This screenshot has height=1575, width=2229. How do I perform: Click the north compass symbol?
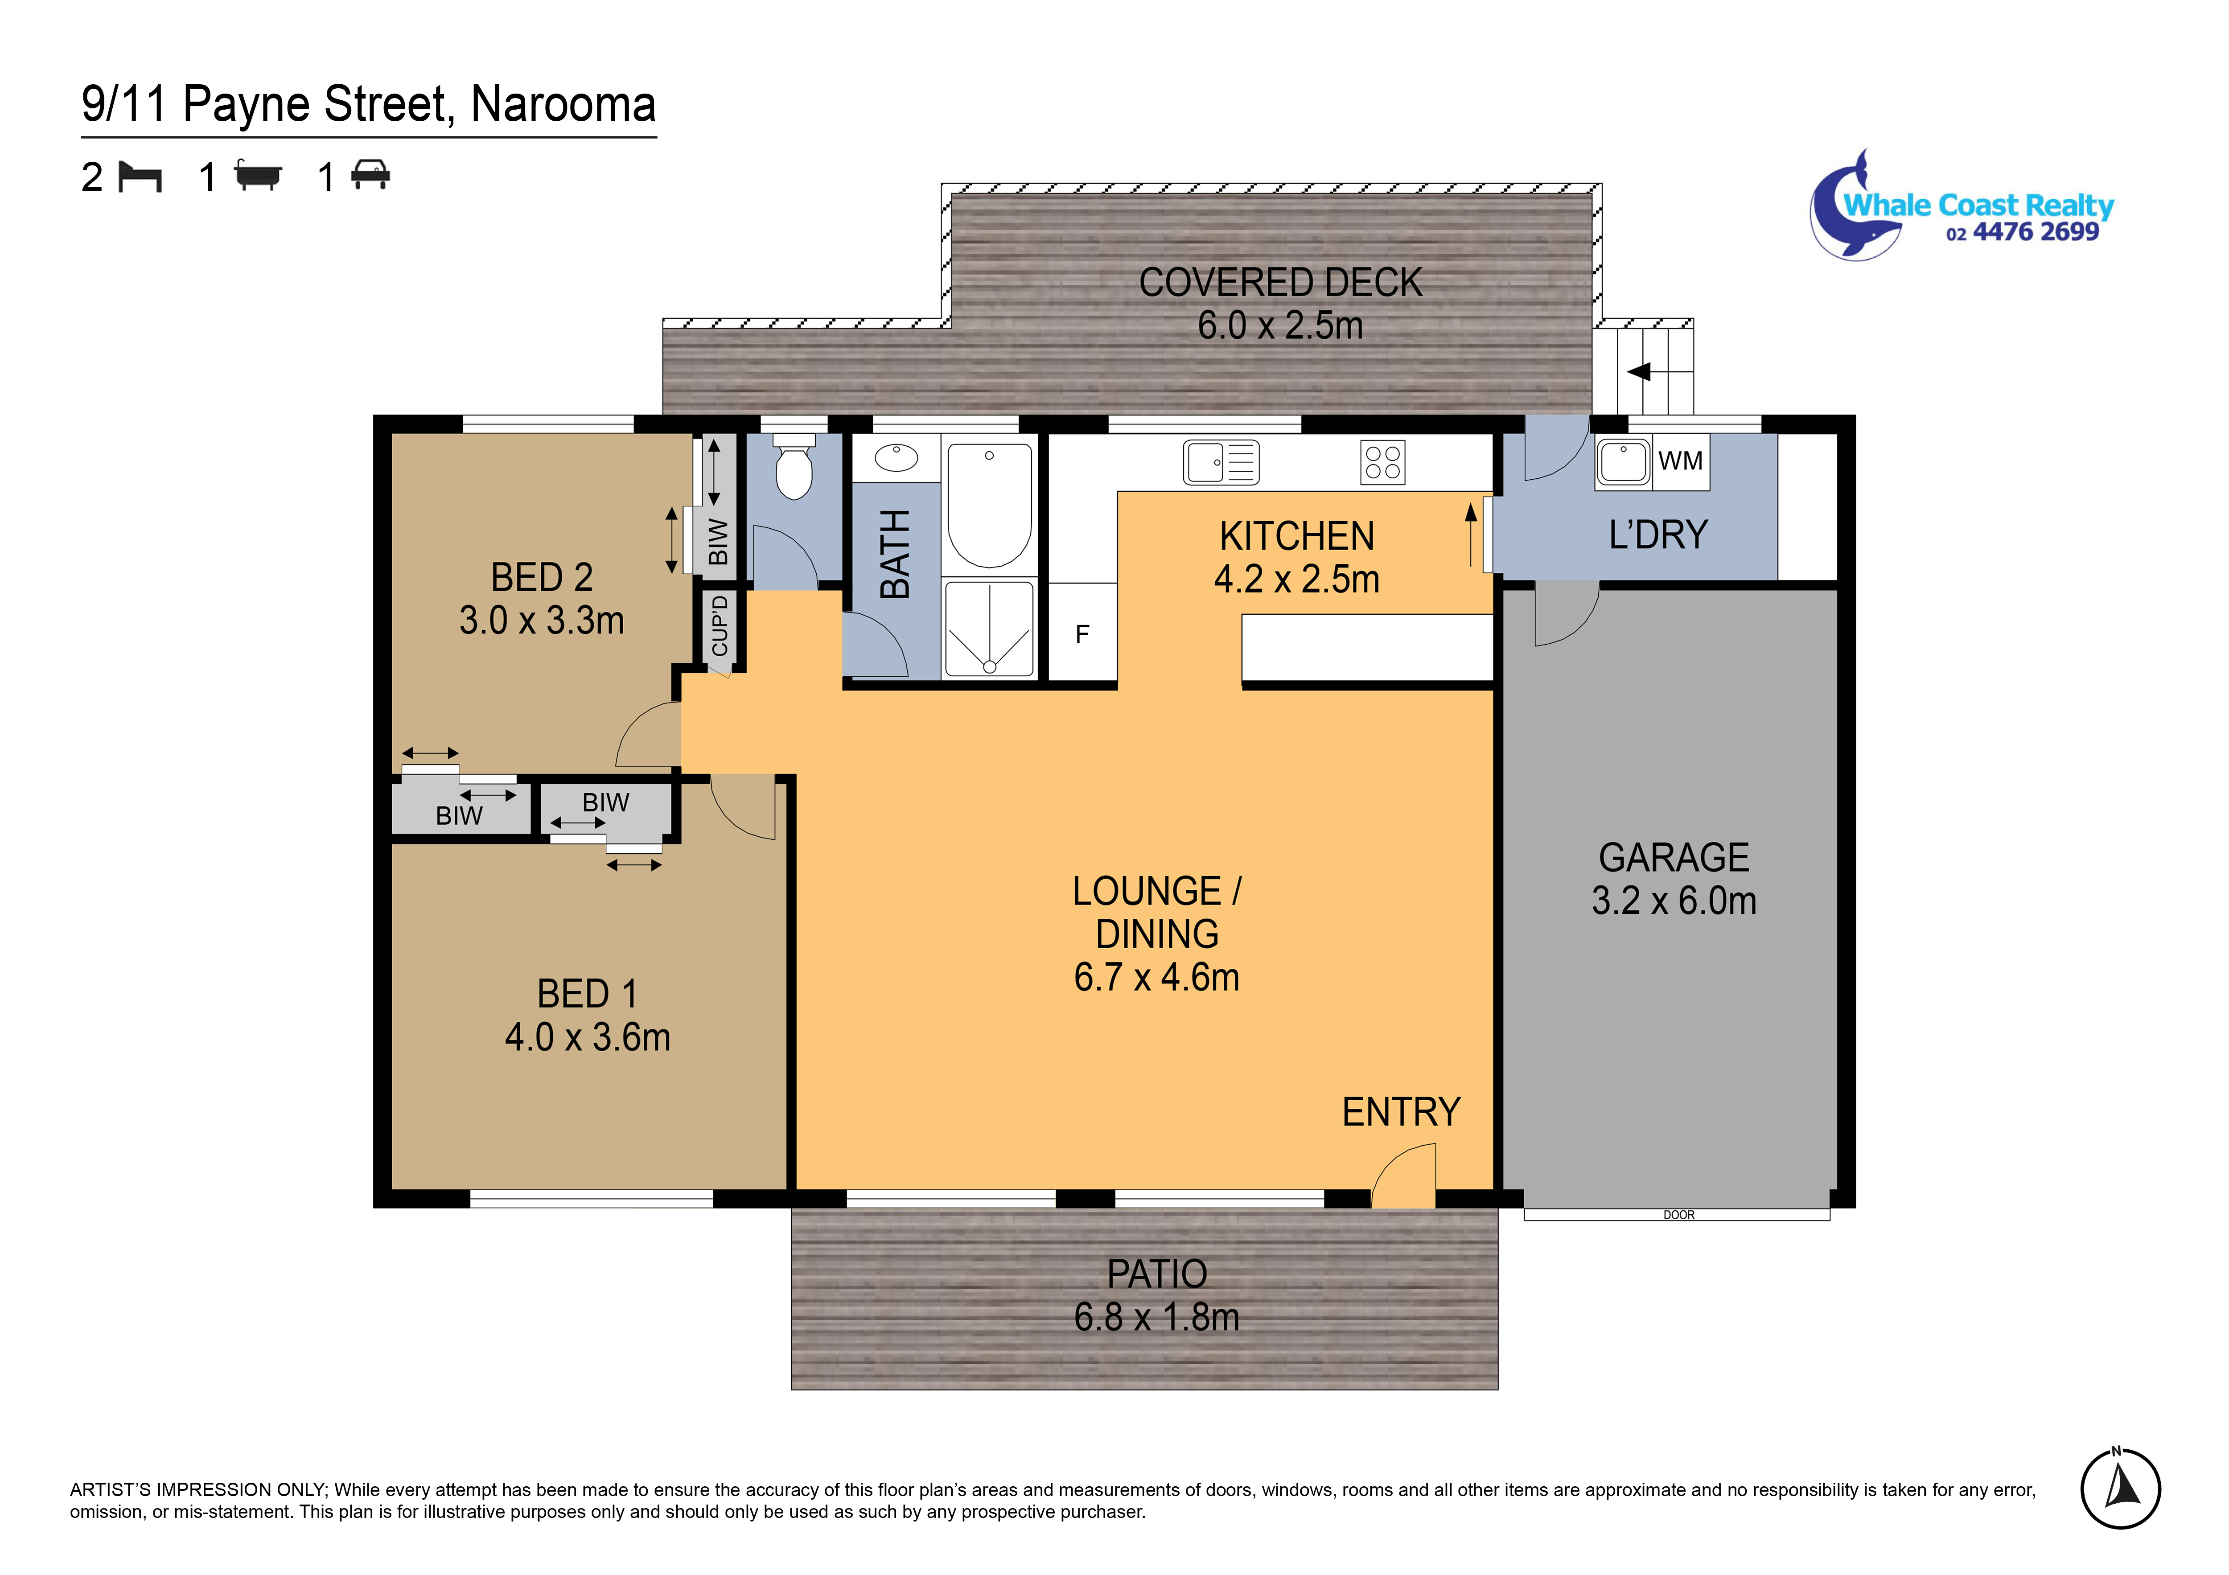click(2119, 1488)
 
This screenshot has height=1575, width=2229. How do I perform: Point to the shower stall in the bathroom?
click(989, 628)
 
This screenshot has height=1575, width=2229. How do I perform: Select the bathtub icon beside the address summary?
click(258, 177)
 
